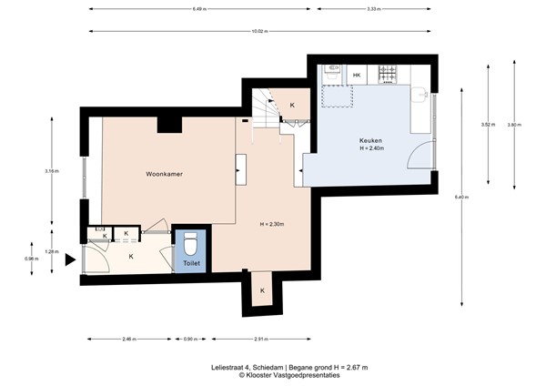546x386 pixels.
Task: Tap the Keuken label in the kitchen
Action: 369,141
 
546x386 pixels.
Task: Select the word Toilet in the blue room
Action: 190,263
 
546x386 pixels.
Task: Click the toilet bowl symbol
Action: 190,245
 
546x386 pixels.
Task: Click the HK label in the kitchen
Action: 357,75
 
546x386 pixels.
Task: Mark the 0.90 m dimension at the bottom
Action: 189,339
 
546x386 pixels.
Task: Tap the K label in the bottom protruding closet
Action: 262,290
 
